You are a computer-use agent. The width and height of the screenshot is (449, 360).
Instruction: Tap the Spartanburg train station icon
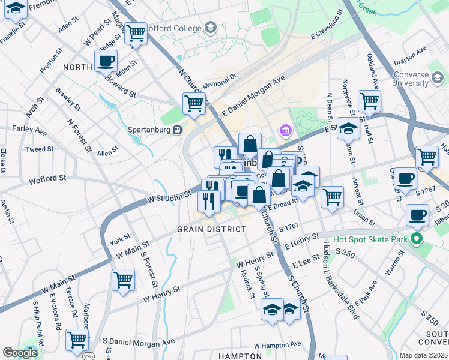point(177,130)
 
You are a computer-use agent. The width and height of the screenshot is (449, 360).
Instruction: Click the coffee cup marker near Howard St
point(106,61)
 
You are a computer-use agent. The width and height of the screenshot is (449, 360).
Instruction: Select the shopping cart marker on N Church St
point(194,103)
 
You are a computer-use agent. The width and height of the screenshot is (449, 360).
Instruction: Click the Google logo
point(20,353)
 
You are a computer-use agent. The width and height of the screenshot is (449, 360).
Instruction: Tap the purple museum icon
point(285,130)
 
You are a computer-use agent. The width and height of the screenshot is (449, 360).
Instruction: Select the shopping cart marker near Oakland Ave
point(369,100)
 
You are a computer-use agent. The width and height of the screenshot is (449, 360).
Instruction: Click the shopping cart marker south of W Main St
point(123,279)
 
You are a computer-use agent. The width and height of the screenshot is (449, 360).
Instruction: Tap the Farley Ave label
point(29,129)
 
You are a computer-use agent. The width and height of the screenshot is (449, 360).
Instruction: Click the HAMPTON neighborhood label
point(240,356)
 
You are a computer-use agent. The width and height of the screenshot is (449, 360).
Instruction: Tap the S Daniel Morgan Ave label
point(139,341)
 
